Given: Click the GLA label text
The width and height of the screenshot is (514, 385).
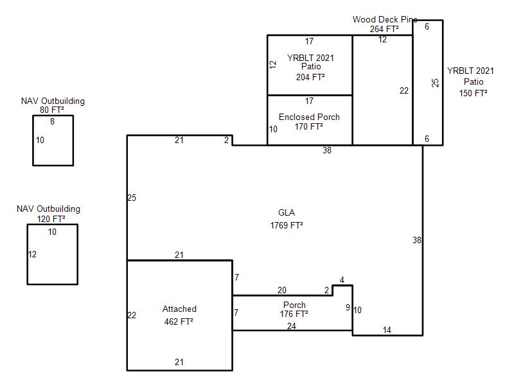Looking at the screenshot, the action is tap(286, 212).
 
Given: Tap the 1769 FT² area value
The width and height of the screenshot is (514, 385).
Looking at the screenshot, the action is tap(287, 225).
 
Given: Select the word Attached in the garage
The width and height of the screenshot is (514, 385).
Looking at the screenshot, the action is tap(179, 309).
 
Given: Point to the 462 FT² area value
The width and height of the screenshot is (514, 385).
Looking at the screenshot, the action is tap(179, 321).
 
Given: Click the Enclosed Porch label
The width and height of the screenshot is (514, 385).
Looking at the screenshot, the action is tap(309, 117).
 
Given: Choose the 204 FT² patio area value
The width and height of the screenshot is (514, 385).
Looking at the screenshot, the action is tap(310, 77).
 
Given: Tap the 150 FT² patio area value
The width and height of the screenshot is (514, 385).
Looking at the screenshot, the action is tap(473, 93).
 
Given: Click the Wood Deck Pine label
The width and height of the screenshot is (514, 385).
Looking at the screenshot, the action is tap(385, 19).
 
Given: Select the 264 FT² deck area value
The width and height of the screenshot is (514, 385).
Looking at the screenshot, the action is tap(384, 29).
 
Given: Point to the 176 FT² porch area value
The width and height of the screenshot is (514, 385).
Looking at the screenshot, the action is tap(294, 314).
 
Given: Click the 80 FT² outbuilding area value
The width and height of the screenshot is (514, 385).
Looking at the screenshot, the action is tap(52, 110).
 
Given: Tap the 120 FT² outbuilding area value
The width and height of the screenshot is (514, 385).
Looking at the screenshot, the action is tap(51, 219).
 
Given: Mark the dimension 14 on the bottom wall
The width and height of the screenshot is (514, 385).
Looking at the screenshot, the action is tap(387, 330).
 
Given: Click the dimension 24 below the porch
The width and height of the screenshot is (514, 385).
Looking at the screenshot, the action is tap(292, 326).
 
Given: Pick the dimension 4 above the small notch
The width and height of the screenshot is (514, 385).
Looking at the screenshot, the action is tap(342, 280).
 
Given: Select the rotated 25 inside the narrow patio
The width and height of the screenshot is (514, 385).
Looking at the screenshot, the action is tap(435, 83).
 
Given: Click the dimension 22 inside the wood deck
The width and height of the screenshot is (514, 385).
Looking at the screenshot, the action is tap(404, 90).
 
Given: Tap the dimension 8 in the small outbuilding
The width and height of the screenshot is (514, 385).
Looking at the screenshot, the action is tap(52, 121).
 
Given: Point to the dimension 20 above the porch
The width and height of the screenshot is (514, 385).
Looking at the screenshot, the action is tap(282, 290).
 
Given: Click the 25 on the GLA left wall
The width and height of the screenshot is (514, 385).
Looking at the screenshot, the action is tap(132, 198).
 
